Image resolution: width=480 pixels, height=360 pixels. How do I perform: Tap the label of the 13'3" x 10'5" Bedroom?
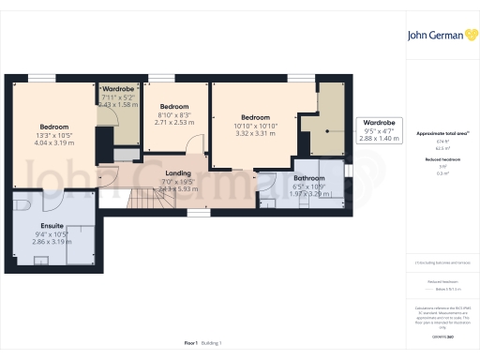pos(54,126)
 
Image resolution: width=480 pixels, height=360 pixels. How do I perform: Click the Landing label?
pos(178,173)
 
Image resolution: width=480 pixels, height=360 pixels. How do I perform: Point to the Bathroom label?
pos(308,177)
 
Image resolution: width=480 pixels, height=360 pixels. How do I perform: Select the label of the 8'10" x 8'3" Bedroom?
pos(174,107)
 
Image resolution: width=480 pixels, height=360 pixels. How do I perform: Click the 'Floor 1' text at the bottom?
pos(191,344)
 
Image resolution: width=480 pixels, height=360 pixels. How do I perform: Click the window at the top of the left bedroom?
pos(42,78)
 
